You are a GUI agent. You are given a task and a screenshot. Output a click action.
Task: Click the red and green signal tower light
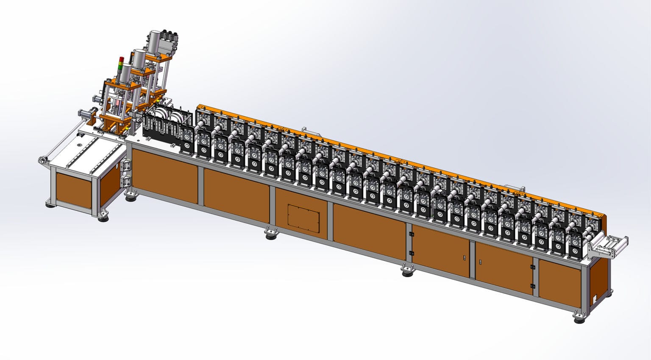click(121, 64)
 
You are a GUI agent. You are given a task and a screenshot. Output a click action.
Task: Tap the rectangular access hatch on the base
click(303, 217)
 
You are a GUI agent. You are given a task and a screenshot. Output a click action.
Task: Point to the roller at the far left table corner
click(42, 160)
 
